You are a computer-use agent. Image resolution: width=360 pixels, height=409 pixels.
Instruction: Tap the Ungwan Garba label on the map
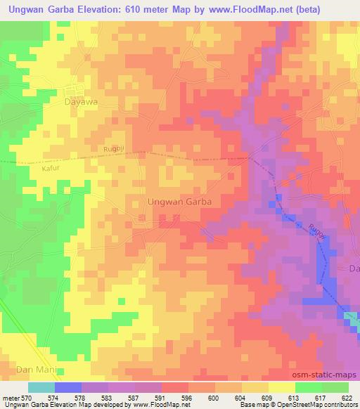tap(179, 201)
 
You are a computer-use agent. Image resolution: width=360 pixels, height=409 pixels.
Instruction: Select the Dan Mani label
tap(34, 368)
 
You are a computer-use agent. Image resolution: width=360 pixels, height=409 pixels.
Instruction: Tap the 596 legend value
tap(186, 398)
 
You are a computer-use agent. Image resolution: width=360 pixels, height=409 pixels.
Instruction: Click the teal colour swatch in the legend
tap(41, 387)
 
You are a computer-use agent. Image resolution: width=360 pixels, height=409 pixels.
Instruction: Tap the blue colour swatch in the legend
tap(68, 387)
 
